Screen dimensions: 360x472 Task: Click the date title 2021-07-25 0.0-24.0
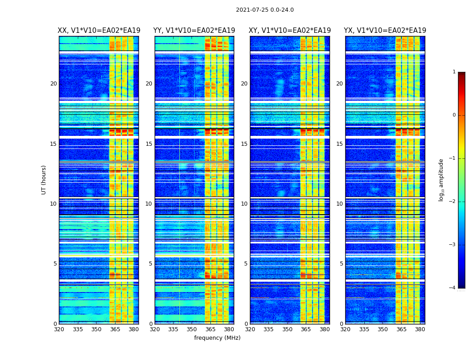[x=265, y=10]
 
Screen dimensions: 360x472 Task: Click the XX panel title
[x=99, y=31]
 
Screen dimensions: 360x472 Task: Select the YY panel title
[x=194, y=31]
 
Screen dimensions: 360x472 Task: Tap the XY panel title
[x=290, y=31]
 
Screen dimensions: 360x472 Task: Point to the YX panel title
[x=385, y=31]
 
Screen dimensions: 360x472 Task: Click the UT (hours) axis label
[x=44, y=180]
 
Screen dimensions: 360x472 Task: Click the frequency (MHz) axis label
[x=217, y=338]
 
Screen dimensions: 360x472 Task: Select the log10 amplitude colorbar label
[x=441, y=180]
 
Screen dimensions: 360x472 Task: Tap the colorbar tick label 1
[x=454, y=72]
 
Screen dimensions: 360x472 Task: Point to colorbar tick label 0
[x=454, y=115]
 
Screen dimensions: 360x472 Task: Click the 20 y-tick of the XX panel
[x=53, y=84]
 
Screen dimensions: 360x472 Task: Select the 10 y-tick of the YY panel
[x=149, y=204]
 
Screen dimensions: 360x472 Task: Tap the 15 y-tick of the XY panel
[x=244, y=144]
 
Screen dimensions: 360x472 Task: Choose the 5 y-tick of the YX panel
[x=341, y=264]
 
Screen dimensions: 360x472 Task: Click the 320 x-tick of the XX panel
[x=59, y=329]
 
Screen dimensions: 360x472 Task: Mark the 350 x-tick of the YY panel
[x=192, y=329]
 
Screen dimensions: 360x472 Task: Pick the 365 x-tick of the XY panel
[x=306, y=329]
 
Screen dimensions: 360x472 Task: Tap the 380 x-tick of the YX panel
[x=420, y=329]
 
